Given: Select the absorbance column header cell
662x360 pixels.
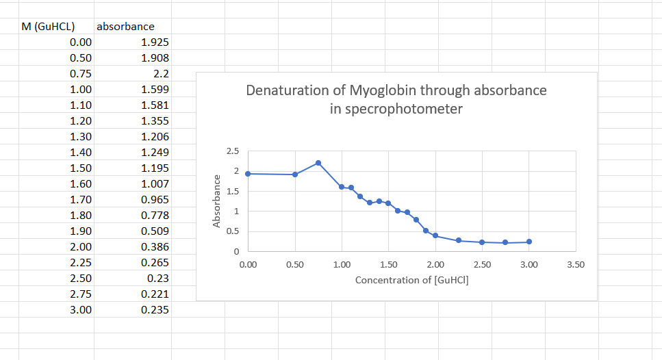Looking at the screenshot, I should click(126, 27).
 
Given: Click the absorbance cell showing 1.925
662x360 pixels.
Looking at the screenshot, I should click(154, 42).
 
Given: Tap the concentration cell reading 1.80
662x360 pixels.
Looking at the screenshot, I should click(81, 216).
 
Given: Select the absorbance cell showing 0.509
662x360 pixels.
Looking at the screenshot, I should click(154, 231).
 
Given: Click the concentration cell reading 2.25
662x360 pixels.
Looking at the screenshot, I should click(81, 263).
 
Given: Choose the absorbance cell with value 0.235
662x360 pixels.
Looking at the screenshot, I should click(154, 310).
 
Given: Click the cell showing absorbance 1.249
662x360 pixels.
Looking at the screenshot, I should click(154, 153).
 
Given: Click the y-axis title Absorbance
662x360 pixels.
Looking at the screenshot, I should click(216, 201).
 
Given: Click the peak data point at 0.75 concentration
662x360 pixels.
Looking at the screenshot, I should click(318, 163).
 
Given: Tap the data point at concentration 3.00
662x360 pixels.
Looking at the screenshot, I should click(529, 242).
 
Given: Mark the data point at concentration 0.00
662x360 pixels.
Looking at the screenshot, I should click(248, 174).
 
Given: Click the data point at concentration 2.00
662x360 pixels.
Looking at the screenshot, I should click(435, 235).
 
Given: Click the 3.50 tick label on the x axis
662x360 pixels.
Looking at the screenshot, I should click(576, 265).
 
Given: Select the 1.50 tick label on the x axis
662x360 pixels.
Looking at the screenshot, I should click(388, 265).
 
